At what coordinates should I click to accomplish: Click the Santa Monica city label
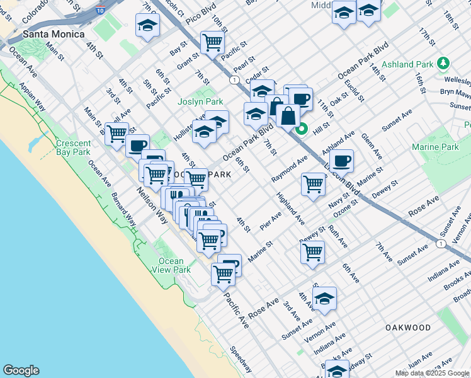tap(53, 34)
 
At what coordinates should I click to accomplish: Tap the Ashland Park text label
tap(407, 64)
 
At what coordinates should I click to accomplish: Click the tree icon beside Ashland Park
tap(444, 64)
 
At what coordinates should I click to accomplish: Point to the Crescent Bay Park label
tap(74, 147)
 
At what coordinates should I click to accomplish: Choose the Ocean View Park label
tap(171, 265)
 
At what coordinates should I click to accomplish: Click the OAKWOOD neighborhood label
tap(409, 328)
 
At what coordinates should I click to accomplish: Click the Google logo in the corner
tap(21, 370)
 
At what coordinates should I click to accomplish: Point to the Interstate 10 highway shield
tap(101, 11)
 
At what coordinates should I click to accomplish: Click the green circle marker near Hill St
tap(302, 130)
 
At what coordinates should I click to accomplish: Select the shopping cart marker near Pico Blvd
tap(213, 42)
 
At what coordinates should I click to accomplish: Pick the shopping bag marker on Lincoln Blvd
tap(288, 115)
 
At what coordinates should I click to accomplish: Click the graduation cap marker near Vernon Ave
tap(324, 298)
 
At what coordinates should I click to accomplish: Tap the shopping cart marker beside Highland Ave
tap(313, 184)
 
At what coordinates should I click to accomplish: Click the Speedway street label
tap(241, 359)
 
